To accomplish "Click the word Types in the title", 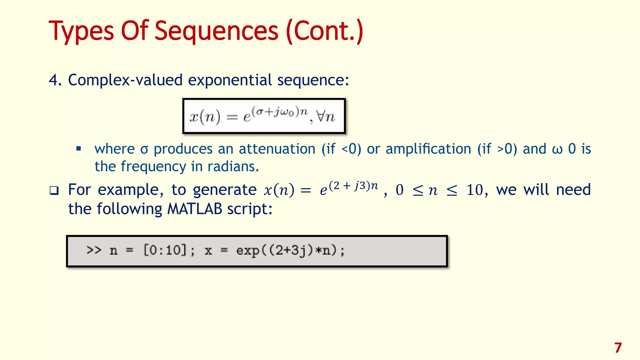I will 81,31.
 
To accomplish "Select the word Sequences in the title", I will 216,31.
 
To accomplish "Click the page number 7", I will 618,348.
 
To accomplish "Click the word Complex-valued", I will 125,80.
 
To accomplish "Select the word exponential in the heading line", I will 230,80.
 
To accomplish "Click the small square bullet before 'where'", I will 78,148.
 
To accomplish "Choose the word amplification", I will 428,149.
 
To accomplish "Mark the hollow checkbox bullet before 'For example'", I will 54,191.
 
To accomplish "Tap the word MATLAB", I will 195,209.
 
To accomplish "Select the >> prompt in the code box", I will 94,250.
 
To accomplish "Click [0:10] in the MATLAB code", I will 165,250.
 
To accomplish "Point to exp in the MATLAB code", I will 248,251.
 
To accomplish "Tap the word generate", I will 225,190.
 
